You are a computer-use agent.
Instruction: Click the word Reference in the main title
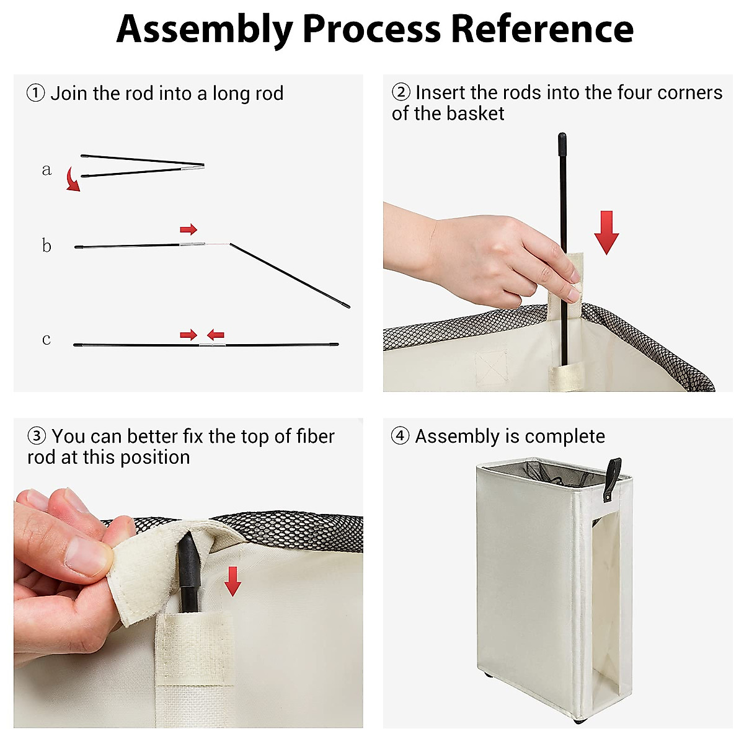tap(542, 29)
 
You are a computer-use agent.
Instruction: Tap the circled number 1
tap(35, 94)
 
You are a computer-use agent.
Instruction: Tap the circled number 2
tap(401, 92)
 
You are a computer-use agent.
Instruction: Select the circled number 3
tap(37, 436)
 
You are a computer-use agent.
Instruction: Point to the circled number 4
tap(400, 435)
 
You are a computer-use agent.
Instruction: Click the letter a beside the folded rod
tap(46, 169)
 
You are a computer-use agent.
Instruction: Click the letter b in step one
tap(46, 245)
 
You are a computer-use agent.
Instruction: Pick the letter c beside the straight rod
tap(46, 339)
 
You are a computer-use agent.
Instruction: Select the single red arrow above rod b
tap(188, 229)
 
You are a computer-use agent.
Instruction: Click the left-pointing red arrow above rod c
tap(215, 334)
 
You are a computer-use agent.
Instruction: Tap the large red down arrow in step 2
tap(606, 232)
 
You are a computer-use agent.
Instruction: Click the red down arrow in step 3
tap(232, 581)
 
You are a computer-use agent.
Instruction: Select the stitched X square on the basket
tap(491, 368)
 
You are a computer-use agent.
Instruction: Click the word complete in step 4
tap(565, 436)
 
